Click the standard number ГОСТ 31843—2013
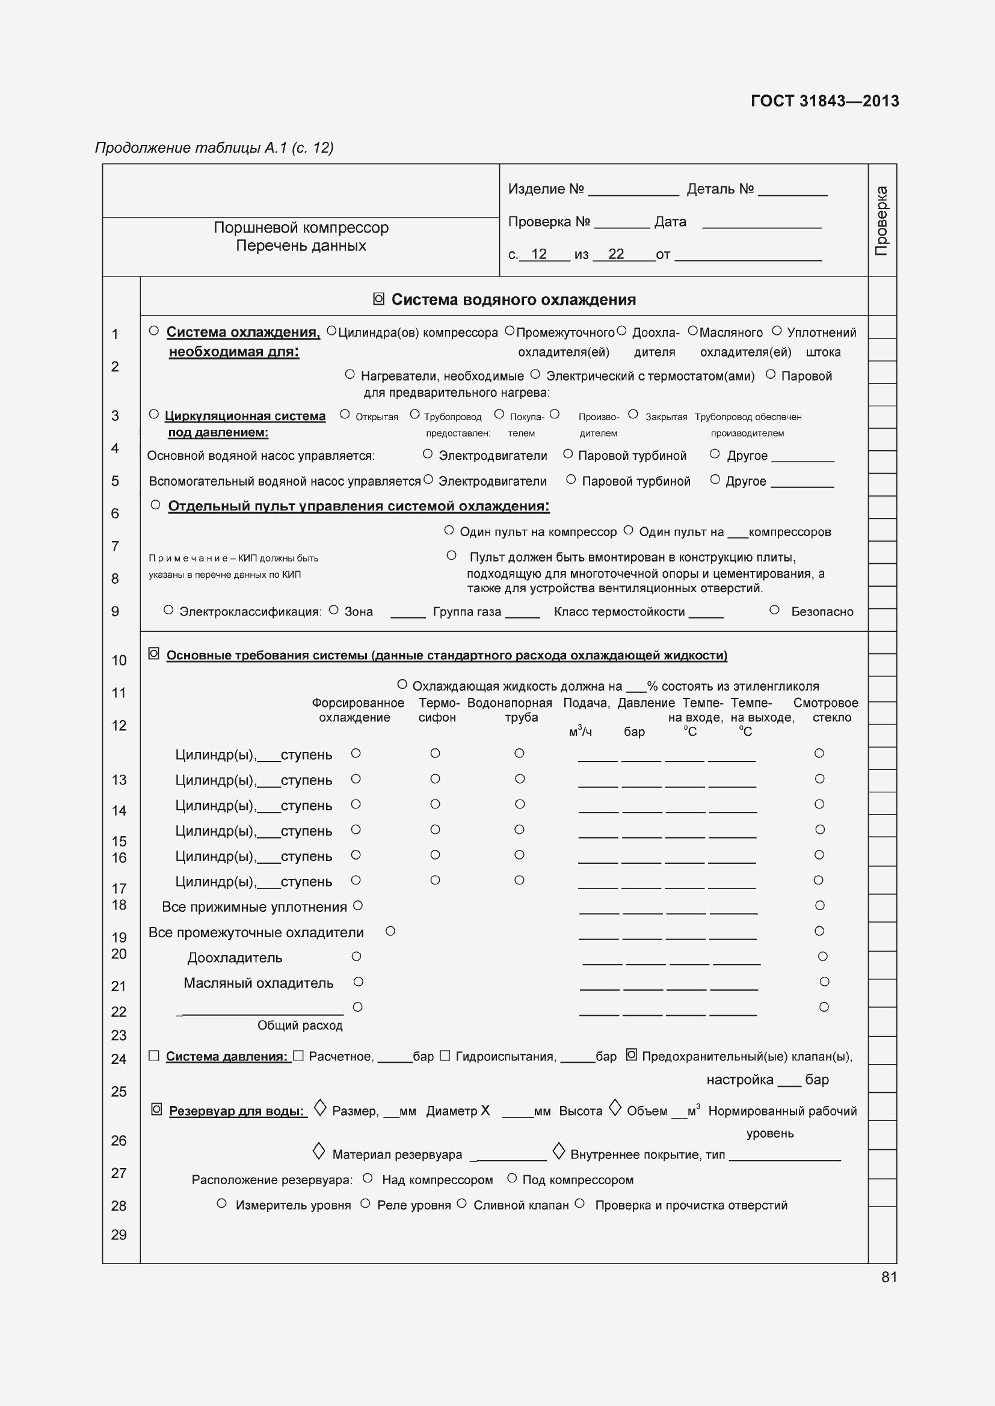click(x=824, y=101)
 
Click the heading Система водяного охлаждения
click(x=513, y=299)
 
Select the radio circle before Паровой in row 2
click(x=771, y=374)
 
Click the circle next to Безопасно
click(x=774, y=610)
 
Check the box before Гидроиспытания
click(x=445, y=1055)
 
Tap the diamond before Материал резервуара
click(x=319, y=1151)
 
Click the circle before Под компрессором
click(x=512, y=1178)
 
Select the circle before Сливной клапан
click(x=462, y=1203)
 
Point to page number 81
click(x=889, y=1277)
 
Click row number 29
click(x=119, y=1235)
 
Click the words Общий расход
click(x=300, y=1025)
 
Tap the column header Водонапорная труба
click(x=509, y=710)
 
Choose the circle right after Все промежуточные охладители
click(x=390, y=931)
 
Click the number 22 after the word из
click(x=616, y=254)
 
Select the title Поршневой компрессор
click(x=301, y=228)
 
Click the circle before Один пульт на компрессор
click(x=449, y=530)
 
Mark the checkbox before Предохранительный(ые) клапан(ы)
click(x=632, y=1054)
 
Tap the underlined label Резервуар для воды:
click(x=236, y=1111)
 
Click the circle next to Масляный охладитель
click(x=359, y=982)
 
